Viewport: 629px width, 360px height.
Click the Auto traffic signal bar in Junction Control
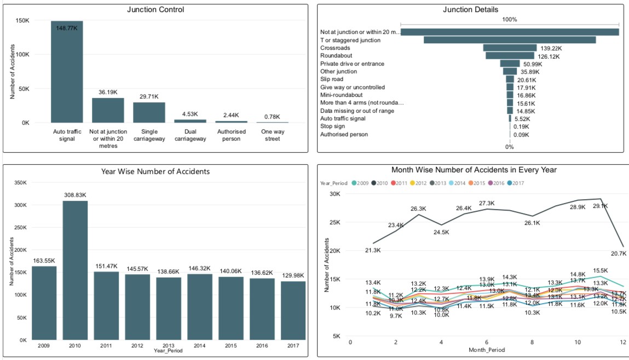pyautogui.click(x=67, y=72)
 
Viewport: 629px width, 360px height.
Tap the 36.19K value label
pyautogui.click(x=108, y=92)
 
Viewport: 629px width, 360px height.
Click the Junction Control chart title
pyautogui.click(x=155, y=9)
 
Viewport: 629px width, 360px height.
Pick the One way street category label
pyautogui.click(x=272, y=135)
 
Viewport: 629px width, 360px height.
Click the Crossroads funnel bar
pyautogui.click(x=510, y=48)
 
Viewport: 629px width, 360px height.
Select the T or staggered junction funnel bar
pyautogui.click(x=510, y=40)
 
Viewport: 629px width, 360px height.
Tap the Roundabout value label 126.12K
pyautogui.click(x=550, y=56)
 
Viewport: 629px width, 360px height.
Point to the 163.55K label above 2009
pyautogui.click(x=43, y=260)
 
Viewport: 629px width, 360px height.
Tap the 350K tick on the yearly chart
pyautogui.click(x=19, y=183)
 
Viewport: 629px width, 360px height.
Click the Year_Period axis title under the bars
pyautogui.click(x=168, y=351)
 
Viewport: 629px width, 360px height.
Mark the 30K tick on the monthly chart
pyautogui.click(x=334, y=194)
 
